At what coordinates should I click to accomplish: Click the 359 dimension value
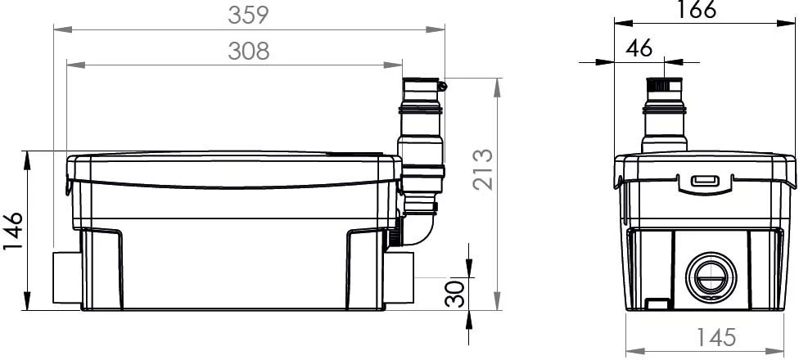(248, 15)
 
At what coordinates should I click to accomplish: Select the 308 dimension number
(248, 51)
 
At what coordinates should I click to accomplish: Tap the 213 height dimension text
(482, 169)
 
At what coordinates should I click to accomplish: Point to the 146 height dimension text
(13, 231)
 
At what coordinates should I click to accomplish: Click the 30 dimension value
(455, 294)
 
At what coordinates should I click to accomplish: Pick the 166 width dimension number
(696, 9)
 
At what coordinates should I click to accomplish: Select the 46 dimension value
(639, 48)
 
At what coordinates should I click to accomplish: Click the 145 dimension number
(716, 336)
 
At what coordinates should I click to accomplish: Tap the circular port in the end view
(711, 277)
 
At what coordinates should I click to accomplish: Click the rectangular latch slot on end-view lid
(705, 181)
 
